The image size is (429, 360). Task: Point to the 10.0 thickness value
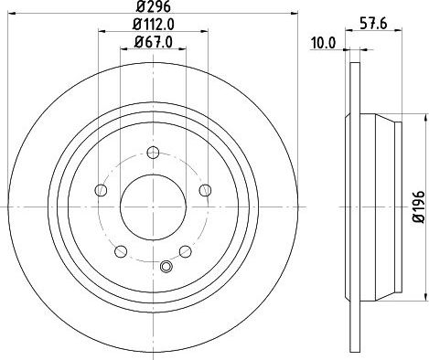[x=324, y=42]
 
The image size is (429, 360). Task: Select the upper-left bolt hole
[x=101, y=189]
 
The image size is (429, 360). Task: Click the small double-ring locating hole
[x=166, y=266]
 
